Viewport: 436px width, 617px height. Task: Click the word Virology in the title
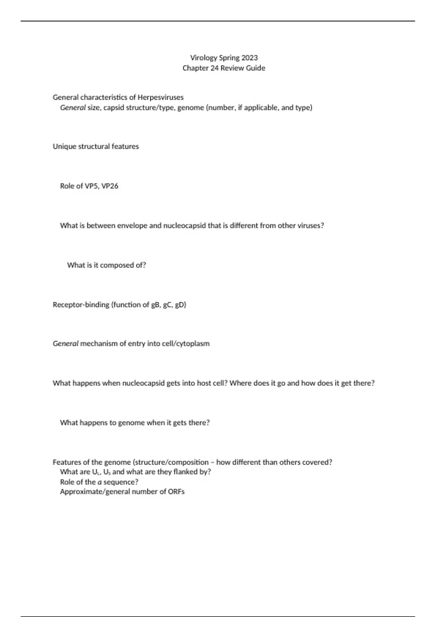click(203, 58)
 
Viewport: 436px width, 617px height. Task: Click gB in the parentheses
click(155, 305)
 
